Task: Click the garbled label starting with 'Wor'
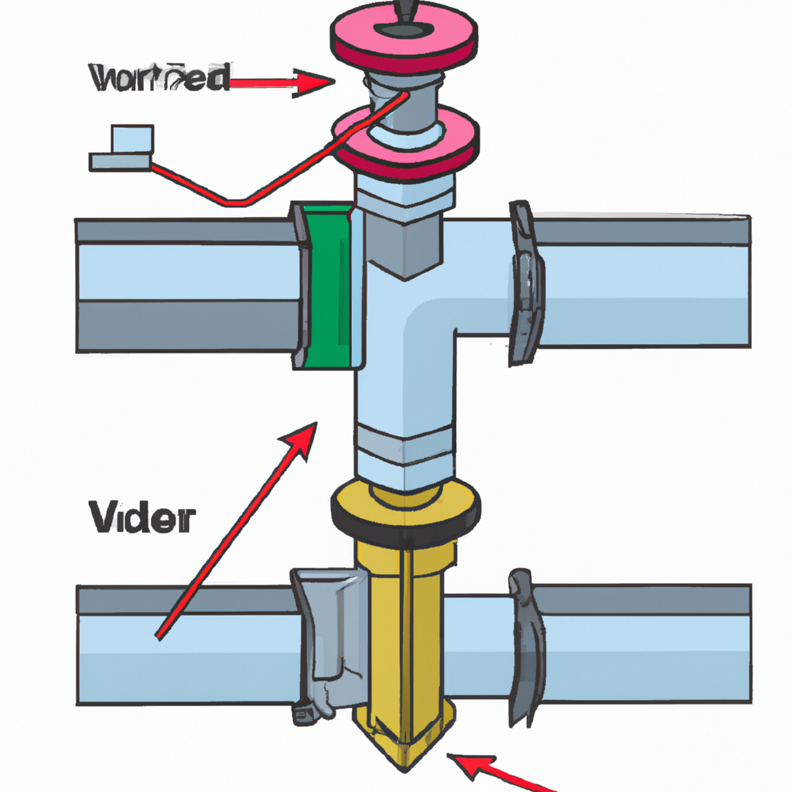tap(159, 78)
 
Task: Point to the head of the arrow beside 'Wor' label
tap(317, 81)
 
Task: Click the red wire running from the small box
tap(232, 197)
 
